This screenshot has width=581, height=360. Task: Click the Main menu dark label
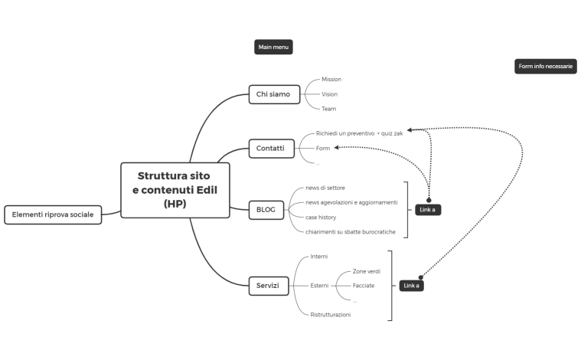tap(273, 47)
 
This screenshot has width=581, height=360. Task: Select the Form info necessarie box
tap(545, 67)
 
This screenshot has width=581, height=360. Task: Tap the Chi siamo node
tap(273, 94)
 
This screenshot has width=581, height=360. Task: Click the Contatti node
tap(271, 148)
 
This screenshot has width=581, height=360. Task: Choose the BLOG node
tap(266, 209)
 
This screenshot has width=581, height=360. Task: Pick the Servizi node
tap(268, 286)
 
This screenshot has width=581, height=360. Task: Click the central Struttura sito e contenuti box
tap(175, 189)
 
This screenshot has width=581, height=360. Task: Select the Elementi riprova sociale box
tap(53, 214)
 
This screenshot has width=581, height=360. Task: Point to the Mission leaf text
tap(331, 80)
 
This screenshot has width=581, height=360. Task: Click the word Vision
tap(329, 94)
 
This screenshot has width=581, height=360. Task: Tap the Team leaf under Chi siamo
tap(328, 109)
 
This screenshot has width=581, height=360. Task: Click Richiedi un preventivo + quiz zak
tap(359, 133)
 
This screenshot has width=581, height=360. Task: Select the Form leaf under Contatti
tap(322, 148)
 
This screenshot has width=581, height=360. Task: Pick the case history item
tap(321, 218)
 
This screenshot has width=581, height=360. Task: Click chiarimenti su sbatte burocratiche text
tap(351, 232)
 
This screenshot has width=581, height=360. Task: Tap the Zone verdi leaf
tap(366, 271)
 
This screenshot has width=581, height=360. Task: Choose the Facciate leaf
tap(363, 286)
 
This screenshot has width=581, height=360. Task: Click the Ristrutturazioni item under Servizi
tap(330, 315)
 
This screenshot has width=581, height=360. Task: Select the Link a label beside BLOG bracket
tap(429, 210)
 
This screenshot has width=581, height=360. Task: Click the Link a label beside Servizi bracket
tap(411, 286)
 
